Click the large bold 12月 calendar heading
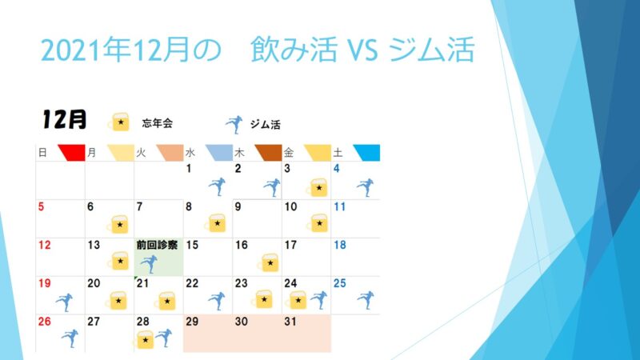pos(65,119)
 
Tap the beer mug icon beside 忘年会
pos(118,122)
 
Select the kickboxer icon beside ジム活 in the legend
pos(234,125)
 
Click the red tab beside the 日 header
pos(72,153)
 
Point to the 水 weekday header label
pos(190,153)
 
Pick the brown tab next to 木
pos(269,153)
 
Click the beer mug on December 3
pos(317,187)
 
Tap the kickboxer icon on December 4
pos(366,187)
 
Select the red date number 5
pos(41,206)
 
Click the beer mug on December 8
pos(215,223)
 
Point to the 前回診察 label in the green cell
pos(157,245)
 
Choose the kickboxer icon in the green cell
pos(149,264)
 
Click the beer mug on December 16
pos(269,262)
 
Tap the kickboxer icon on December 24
pos(318,300)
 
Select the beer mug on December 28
pos(144,339)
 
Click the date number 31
pos(290,322)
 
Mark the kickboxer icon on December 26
pos(70,338)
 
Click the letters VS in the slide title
pos(362,50)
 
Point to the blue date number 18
pos(340,245)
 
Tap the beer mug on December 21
pos(166,301)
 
